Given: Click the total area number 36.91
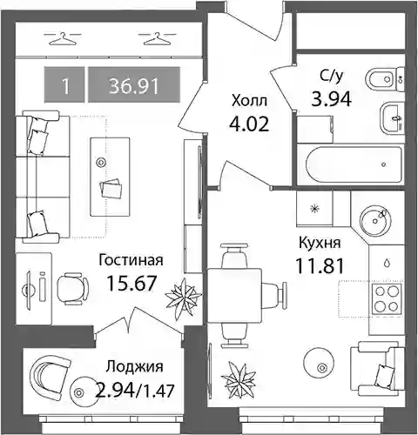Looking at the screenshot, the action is [x=134, y=86].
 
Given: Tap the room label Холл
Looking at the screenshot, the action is [x=249, y=101].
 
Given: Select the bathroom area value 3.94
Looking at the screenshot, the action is [x=331, y=98].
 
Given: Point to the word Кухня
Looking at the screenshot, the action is [x=320, y=243].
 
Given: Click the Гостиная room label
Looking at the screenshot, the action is [x=131, y=260].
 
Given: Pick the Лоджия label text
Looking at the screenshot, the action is [x=134, y=367].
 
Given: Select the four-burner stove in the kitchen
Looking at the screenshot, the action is [x=386, y=298].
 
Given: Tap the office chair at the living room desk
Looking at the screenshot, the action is [x=72, y=288].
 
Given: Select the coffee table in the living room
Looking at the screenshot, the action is [x=110, y=177].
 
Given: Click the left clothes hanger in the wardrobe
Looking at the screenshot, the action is [x=62, y=39].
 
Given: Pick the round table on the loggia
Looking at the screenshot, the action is [x=78, y=393].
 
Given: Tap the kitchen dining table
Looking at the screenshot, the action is [x=234, y=296].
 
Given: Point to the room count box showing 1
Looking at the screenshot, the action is [x=64, y=84].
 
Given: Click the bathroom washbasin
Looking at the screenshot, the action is [x=392, y=118].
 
